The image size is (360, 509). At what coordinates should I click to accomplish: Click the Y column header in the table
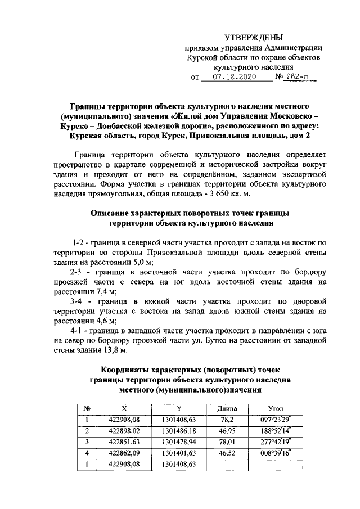[x=178, y=409]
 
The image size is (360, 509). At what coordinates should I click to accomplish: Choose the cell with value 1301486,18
[x=178, y=431]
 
